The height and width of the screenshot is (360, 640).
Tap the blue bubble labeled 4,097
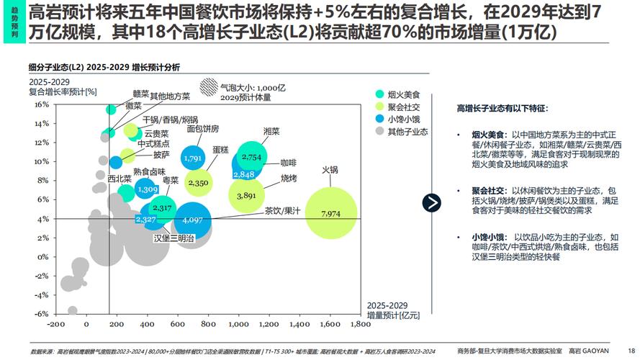(193, 220)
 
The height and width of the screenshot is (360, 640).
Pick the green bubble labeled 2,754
(252, 156)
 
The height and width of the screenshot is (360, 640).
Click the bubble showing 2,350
(198, 183)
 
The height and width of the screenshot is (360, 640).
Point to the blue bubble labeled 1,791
(193, 158)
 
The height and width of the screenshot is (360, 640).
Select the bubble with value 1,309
(147, 189)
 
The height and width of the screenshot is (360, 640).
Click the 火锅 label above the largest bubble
(330, 170)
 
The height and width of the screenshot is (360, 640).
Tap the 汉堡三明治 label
(173, 238)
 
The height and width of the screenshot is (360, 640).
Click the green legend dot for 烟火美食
(379, 94)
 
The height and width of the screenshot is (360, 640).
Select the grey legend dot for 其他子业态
(379, 132)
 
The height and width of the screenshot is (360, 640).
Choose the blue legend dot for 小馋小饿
(379, 119)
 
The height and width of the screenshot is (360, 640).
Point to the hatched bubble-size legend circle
(209, 86)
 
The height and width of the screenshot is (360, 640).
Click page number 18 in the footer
(631, 351)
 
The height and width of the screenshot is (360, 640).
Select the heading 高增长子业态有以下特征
(502, 108)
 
